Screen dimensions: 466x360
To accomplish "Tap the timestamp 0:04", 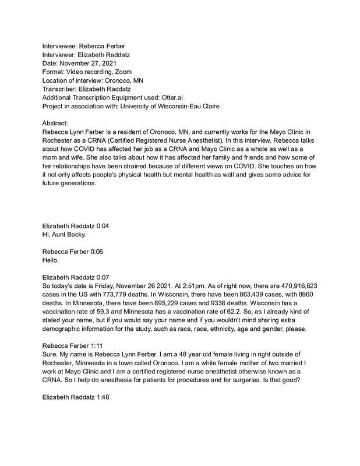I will (x=111, y=224).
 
